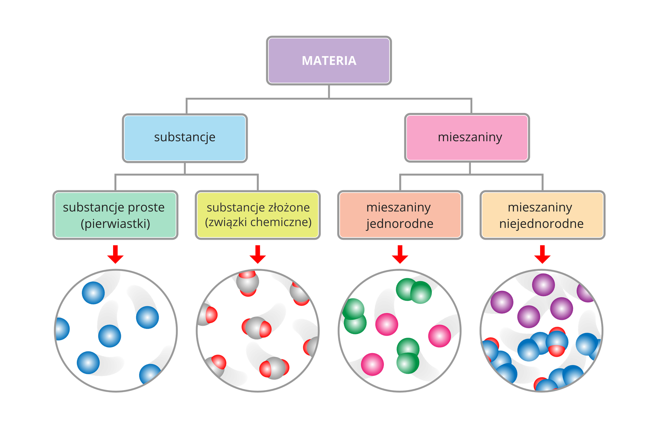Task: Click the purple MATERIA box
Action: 329,61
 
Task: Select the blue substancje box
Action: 185,138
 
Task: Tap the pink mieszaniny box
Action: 467,138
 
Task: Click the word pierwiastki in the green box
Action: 115,224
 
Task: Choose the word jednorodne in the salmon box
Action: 400,224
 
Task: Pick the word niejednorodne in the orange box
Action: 541,224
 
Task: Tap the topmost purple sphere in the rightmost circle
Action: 544,284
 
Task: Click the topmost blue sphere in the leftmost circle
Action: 93,293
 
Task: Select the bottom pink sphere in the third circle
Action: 373,364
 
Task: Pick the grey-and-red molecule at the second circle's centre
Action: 256,328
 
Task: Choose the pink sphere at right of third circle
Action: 439,336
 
